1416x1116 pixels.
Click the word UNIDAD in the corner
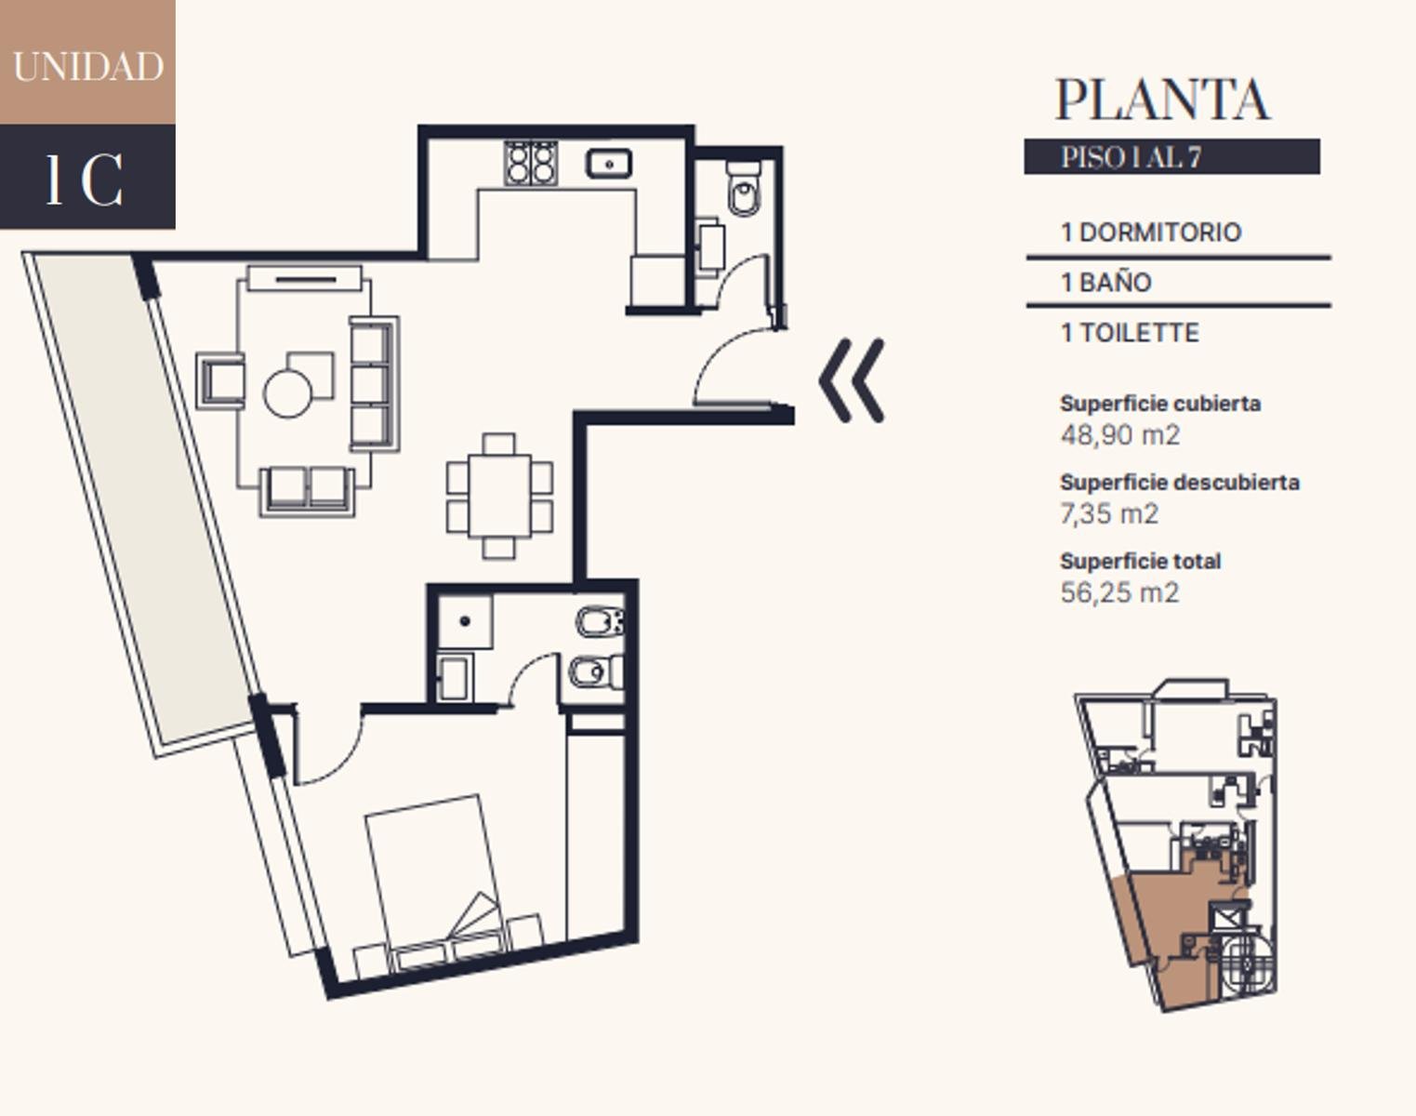[x=88, y=67]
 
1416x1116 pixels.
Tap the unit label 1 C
[x=85, y=179]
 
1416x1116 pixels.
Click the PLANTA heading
[x=1163, y=100]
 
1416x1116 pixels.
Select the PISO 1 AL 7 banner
[x=1171, y=156]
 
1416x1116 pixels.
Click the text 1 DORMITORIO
[x=1151, y=232]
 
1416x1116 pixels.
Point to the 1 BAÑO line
[x=1106, y=283]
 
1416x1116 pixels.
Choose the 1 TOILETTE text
[x=1130, y=333]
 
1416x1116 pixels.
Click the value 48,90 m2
[x=1120, y=435]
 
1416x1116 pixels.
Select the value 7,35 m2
[x=1109, y=513]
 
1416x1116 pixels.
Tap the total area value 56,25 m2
[x=1120, y=592]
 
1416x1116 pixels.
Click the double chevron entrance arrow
[x=852, y=380]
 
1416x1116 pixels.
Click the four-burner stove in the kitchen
[x=531, y=162]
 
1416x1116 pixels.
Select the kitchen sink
[x=609, y=164]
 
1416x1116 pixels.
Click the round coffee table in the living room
[x=287, y=393]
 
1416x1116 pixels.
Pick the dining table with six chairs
[x=499, y=497]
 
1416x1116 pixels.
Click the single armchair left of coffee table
[x=220, y=379]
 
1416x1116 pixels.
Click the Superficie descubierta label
[x=1180, y=483]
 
